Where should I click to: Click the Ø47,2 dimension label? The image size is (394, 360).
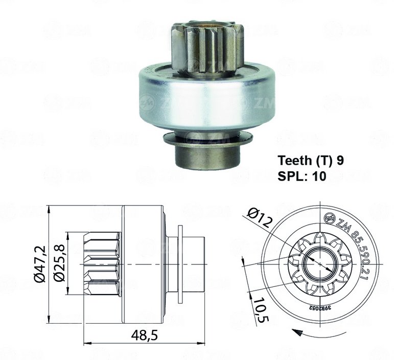40,264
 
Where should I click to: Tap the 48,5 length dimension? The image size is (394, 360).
144,335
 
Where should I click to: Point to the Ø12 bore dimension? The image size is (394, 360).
260,217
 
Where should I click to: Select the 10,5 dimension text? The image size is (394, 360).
261,310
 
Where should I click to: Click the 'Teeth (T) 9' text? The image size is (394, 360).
311,161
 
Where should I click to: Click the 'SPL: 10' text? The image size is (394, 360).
302,176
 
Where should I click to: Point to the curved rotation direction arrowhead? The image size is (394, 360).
297,331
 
